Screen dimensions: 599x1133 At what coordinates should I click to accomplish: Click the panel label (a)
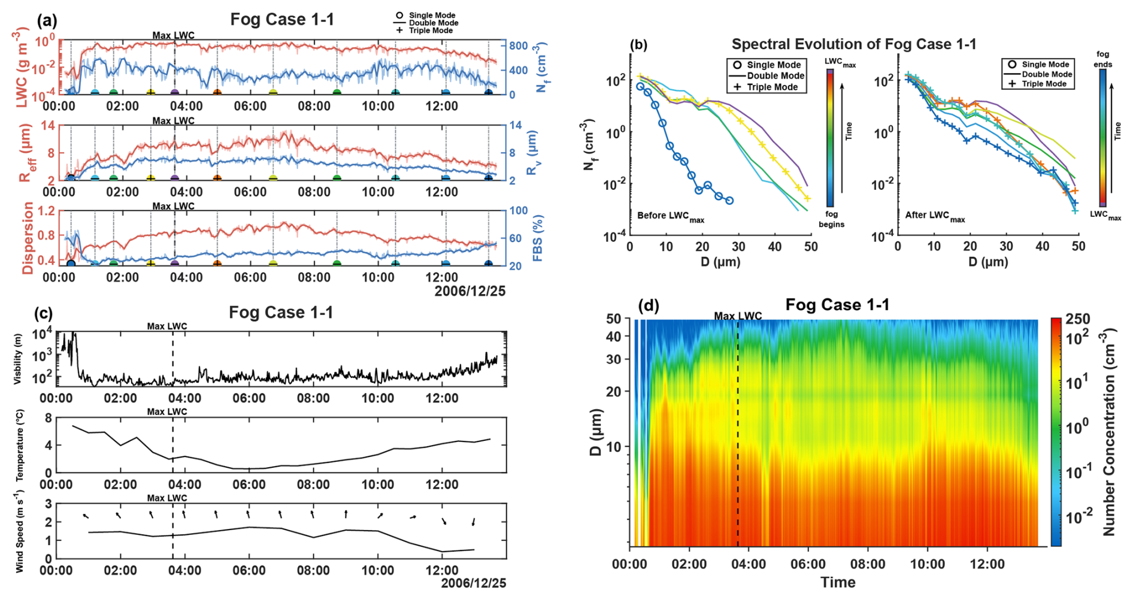click(47, 21)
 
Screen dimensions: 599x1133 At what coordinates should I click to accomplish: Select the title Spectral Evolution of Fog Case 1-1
click(854, 44)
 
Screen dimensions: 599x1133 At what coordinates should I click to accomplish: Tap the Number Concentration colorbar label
click(1109, 431)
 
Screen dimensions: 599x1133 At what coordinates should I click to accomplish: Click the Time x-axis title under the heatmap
click(838, 582)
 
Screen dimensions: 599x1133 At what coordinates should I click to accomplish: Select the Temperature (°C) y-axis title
click(20, 445)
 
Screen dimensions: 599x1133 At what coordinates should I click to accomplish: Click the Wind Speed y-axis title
click(20, 531)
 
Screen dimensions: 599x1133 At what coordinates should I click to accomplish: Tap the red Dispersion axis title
click(28, 238)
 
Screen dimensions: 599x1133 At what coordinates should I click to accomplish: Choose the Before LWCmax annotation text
click(671, 216)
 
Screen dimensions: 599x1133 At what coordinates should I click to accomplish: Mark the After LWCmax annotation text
click(935, 216)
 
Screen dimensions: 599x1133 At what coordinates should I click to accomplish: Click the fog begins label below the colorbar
click(831, 219)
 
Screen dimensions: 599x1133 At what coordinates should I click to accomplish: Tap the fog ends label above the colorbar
click(1102, 59)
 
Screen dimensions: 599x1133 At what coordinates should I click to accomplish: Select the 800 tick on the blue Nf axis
click(519, 46)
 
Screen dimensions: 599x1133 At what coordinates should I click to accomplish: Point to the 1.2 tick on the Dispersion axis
click(46, 211)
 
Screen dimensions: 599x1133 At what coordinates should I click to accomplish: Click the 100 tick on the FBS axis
click(519, 211)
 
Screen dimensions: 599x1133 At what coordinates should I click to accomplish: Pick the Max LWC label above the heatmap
click(738, 316)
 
